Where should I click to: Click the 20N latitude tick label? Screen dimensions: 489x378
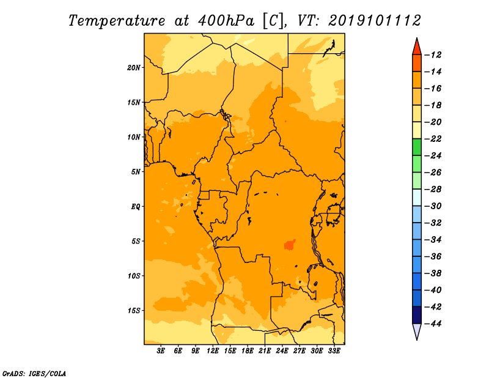134,68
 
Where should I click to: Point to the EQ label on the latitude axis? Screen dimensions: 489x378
136,207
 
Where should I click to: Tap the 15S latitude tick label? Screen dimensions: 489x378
134,311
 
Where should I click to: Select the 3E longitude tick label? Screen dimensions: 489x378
161,351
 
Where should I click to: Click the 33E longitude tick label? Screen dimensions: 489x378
334,351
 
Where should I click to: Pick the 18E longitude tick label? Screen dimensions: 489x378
248,351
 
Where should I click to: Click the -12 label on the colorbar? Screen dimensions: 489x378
433,55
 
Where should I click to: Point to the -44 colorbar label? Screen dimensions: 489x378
433,324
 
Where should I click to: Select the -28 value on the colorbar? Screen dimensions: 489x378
433,190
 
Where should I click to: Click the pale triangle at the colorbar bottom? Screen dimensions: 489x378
417,330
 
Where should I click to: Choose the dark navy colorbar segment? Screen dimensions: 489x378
417,315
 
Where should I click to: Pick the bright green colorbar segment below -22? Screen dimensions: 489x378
417,147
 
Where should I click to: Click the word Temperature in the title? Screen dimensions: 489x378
117,21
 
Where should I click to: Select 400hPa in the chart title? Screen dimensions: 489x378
226,21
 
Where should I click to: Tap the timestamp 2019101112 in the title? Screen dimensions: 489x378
375,21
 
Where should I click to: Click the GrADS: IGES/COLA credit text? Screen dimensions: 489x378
34,374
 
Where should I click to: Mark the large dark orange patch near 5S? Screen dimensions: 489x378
289,245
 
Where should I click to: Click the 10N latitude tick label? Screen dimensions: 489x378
134,137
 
